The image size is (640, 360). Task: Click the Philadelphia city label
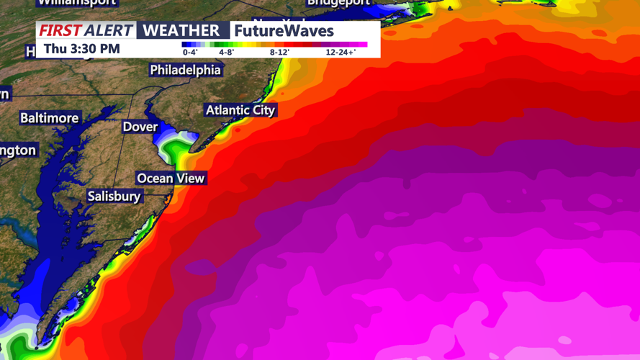tap(185, 70)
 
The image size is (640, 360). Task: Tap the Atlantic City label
tap(240, 110)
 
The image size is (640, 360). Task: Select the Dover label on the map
tap(140, 127)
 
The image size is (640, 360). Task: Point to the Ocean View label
tap(171, 178)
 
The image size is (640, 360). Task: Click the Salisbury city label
tap(114, 196)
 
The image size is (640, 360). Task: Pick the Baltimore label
tap(49, 117)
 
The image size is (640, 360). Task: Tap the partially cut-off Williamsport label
tap(76, 3)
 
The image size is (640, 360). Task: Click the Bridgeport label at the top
tap(338, 3)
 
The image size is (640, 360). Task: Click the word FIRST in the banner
tap(60, 30)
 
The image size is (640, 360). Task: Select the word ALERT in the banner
tap(109, 30)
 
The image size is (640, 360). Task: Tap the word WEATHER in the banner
tap(181, 30)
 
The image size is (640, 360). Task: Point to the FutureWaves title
tap(284, 31)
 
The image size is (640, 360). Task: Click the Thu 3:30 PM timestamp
tap(81, 49)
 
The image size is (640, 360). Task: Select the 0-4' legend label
tap(190, 53)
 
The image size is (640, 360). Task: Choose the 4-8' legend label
tap(226, 53)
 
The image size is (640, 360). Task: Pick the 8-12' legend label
tap(279, 53)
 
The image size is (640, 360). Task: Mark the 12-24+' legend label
tap(341, 53)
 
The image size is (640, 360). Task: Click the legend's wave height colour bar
tap(274, 45)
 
